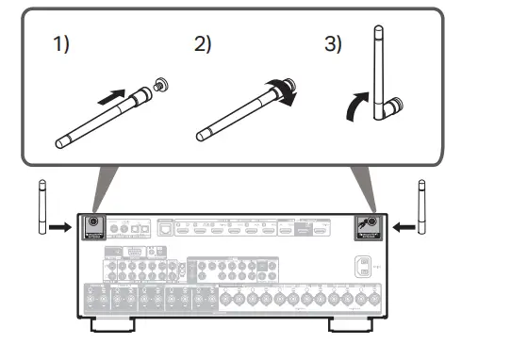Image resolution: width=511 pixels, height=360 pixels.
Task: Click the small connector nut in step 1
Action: pos(163,86)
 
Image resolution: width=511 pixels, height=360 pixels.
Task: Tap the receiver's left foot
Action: pos(112,326)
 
